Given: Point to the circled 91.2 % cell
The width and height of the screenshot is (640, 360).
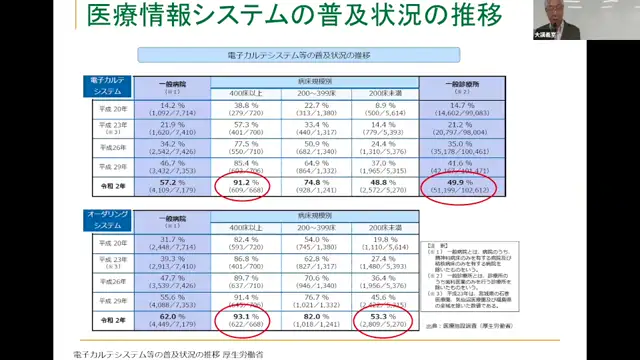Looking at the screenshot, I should [x=245, y=187].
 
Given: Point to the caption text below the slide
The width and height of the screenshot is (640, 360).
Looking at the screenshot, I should [x=170, y=353].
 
